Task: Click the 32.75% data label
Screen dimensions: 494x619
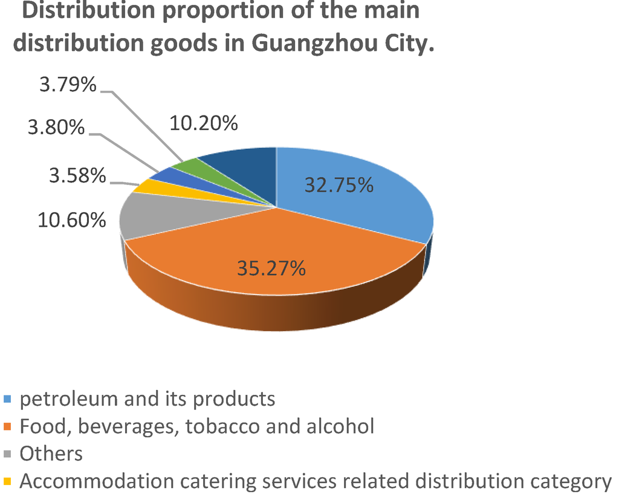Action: (x=339, y=185)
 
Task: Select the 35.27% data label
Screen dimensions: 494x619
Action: (x=272, y=267)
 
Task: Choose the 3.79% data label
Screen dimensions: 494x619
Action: (x=68, y=85)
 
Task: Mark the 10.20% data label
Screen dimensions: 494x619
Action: (x=204, y=123)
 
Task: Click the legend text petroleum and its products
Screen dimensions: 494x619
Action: (x=147, y=399)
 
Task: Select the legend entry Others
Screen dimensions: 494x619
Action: (x=51, y=453)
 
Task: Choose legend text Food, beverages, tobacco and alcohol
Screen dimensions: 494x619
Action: (x=197, y=426)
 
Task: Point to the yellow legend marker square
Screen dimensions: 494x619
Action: (x=8, y=482)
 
